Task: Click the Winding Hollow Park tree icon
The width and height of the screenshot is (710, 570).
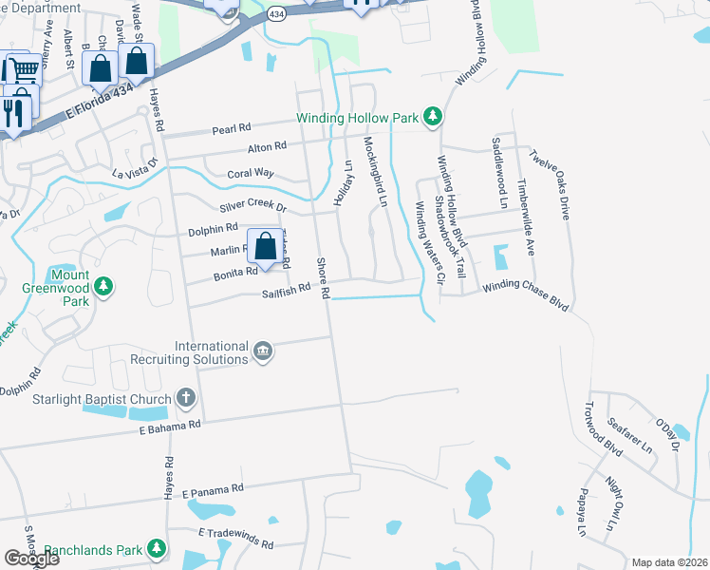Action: point(433,117)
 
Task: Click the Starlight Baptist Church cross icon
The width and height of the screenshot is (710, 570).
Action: point(186,398)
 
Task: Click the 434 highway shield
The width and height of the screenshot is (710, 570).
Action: point(275,15)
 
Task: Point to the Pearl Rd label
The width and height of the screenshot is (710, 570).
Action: point(231,127)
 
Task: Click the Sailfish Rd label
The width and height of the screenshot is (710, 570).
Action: point(286,288)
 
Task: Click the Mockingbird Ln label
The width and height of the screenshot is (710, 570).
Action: point(377,170)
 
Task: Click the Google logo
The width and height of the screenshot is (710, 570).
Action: point(31,559)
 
